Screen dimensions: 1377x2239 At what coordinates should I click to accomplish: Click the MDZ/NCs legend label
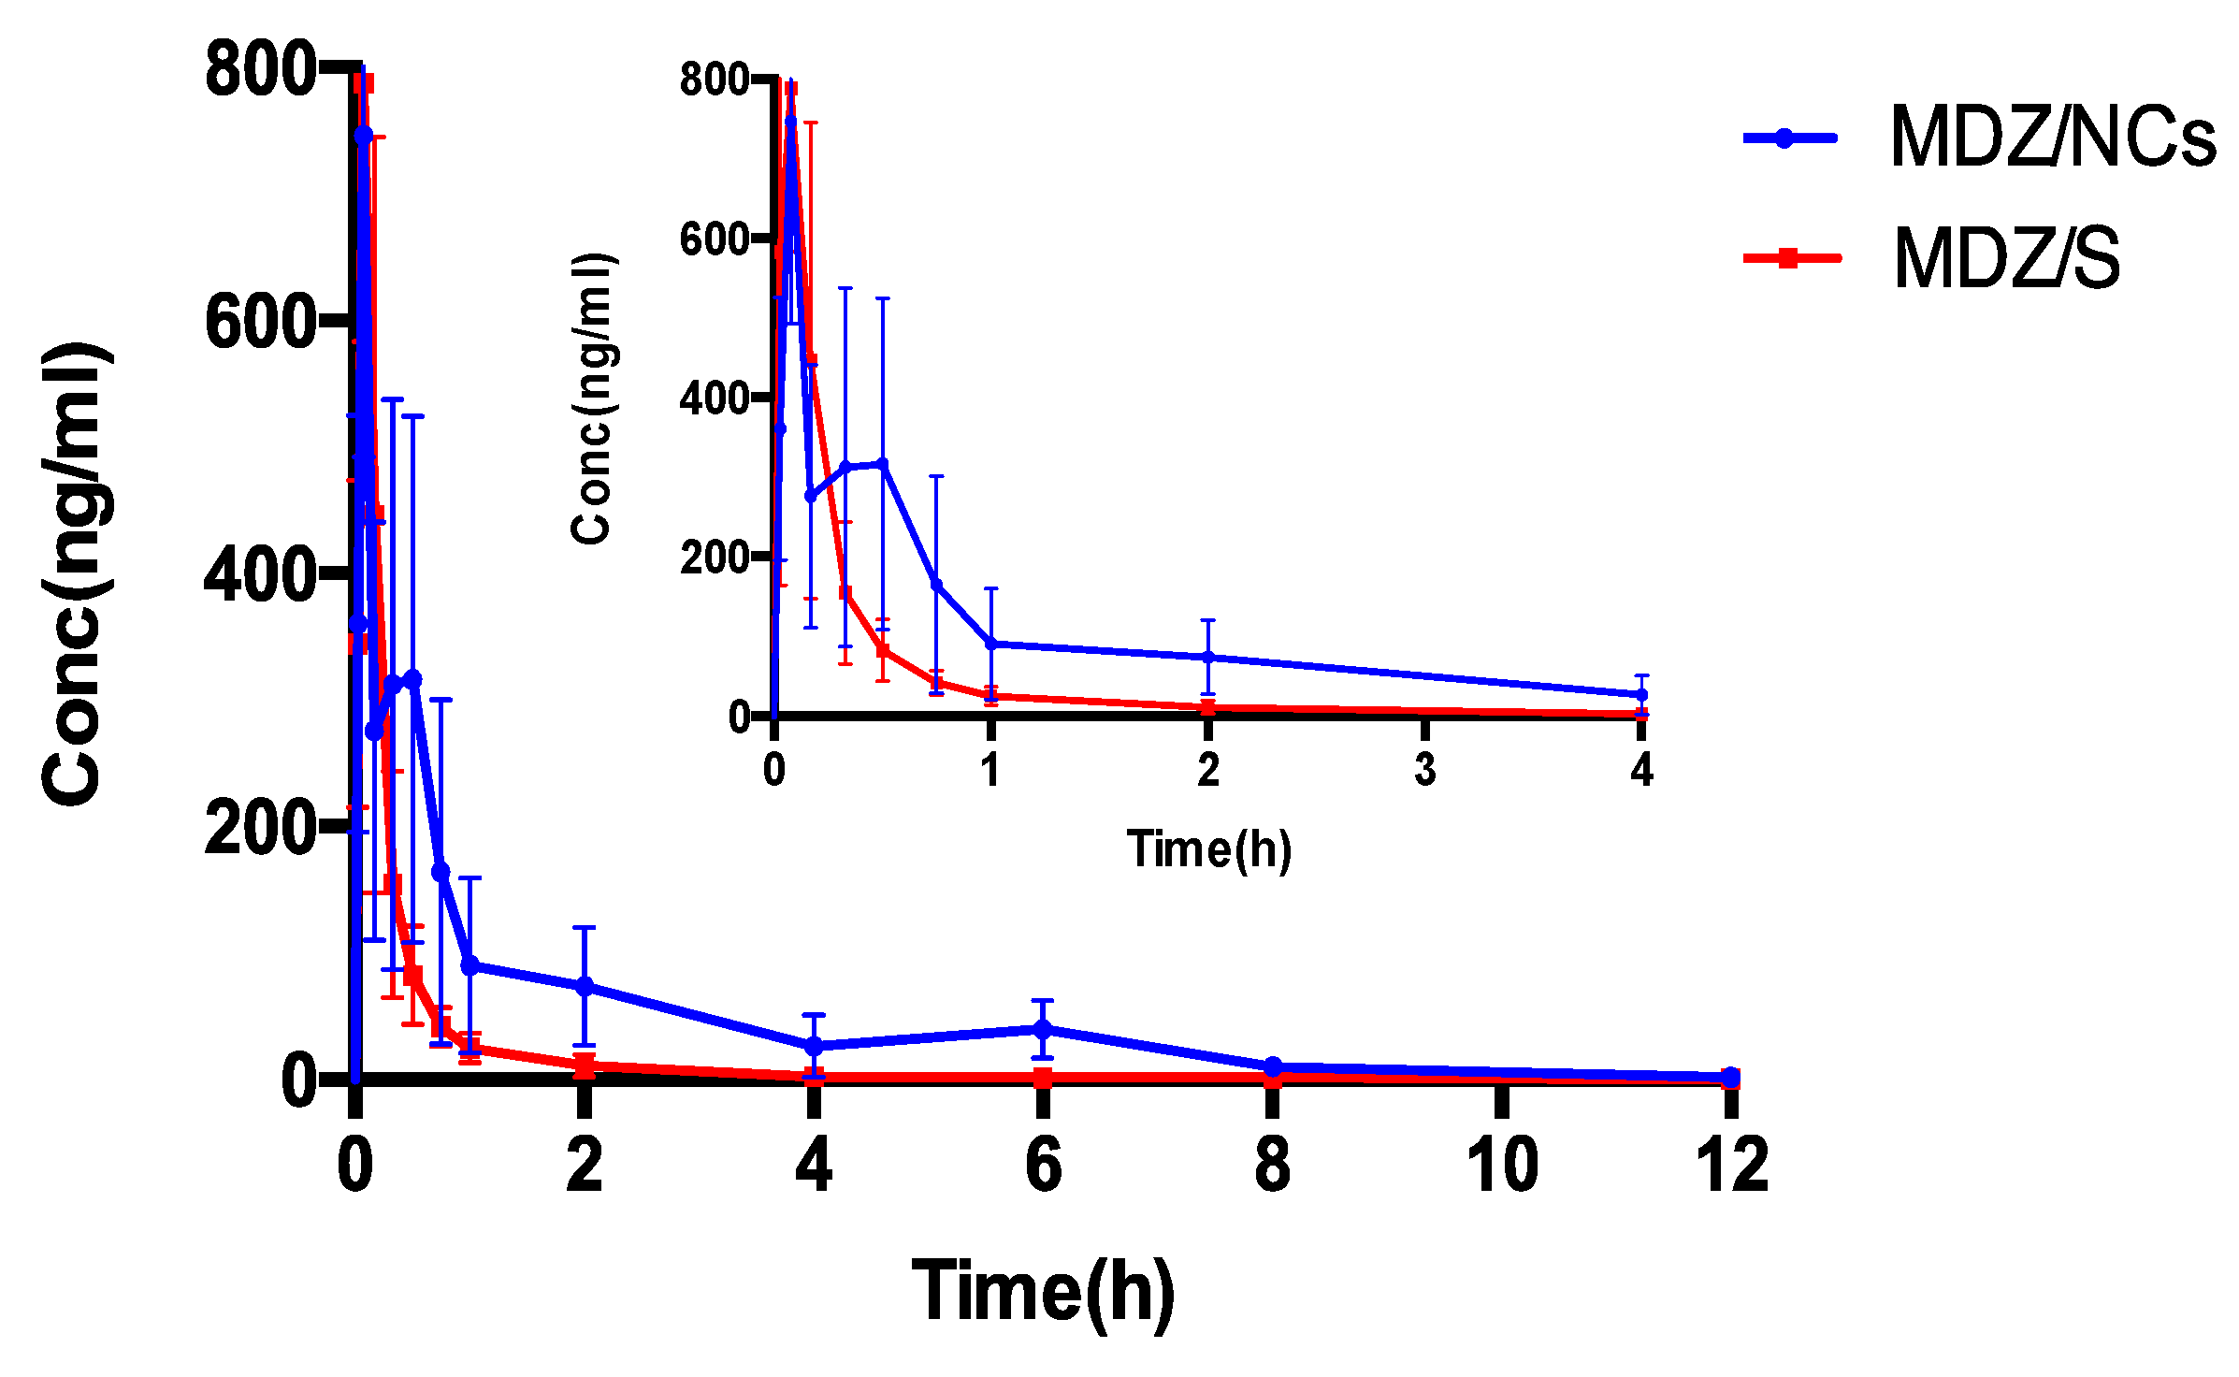coord(2052,138)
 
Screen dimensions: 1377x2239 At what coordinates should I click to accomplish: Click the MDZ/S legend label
coord(2006,259)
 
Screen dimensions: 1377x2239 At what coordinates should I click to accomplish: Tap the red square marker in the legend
coord(1787,258)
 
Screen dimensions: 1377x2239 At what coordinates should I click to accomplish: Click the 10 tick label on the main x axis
coord(1502,1166)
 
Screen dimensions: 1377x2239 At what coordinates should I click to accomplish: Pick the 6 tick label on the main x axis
coord(1044,1166)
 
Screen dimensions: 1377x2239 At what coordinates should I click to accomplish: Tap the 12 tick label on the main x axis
coord(1731,1166)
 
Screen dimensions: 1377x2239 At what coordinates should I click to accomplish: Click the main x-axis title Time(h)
coord(1043,1292)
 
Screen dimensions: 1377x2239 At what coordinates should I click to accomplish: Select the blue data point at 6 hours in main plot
coord(1043,1029)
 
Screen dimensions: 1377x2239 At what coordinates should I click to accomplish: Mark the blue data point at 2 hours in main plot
coord(585,986)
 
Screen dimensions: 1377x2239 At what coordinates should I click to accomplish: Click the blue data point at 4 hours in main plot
coord(814,1046)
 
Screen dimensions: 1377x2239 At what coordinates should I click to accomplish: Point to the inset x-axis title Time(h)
coord(1208,850)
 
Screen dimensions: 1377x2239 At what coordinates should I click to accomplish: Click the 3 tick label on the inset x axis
coord(1424,770)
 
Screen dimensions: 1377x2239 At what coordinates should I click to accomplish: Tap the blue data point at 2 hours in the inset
coord(1207,658)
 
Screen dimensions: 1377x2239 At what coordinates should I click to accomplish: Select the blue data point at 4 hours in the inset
coord(1640,695)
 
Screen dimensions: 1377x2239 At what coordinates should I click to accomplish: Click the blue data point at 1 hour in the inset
coord(991,645)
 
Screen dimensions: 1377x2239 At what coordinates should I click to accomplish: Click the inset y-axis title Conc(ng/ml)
coord(591,399)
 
